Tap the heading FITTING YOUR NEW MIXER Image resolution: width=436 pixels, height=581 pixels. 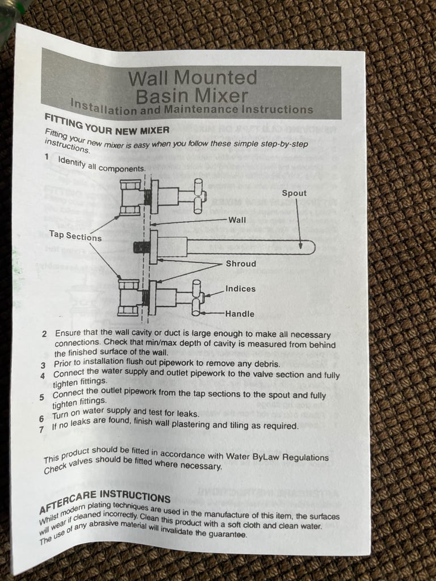tap(106, 124)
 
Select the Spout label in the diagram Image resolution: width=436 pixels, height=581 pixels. tap(294, 193)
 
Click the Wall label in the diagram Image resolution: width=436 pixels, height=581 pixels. tap(237, 220)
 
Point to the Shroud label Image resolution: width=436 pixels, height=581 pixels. tap(241, 264)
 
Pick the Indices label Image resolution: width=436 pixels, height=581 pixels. tap(240, 289)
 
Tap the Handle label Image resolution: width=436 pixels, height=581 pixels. tap(240, 314)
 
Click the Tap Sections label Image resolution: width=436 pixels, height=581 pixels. tap(75, 236)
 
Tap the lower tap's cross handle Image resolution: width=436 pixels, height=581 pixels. tap(196, 297)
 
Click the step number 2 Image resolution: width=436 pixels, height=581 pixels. tap(44, 334)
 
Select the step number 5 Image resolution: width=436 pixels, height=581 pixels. tap(41, 397)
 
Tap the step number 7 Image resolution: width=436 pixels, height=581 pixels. tap(41, 430)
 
